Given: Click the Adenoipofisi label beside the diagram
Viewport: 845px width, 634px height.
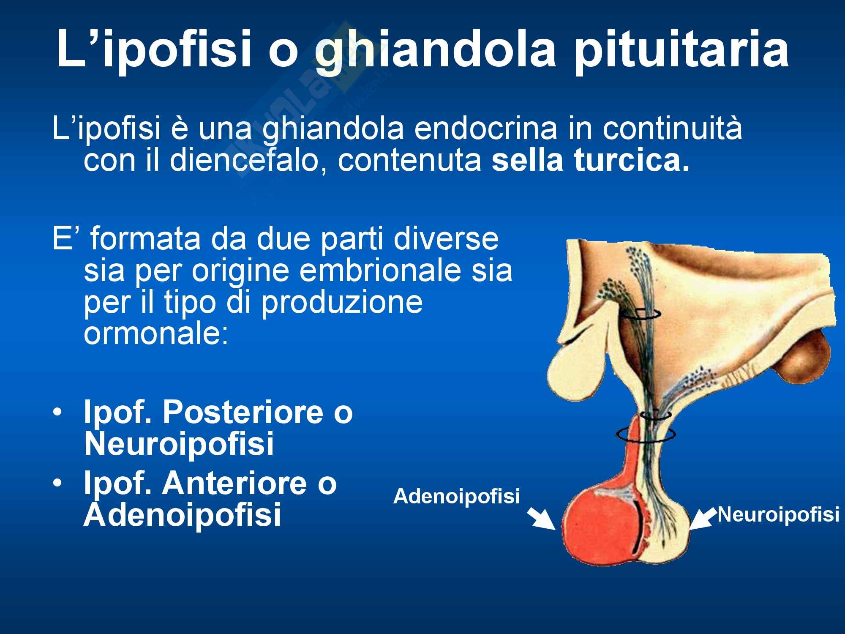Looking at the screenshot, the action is [456, 496].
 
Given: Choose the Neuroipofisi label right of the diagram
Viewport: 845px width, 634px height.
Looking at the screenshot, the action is [778, 514].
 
